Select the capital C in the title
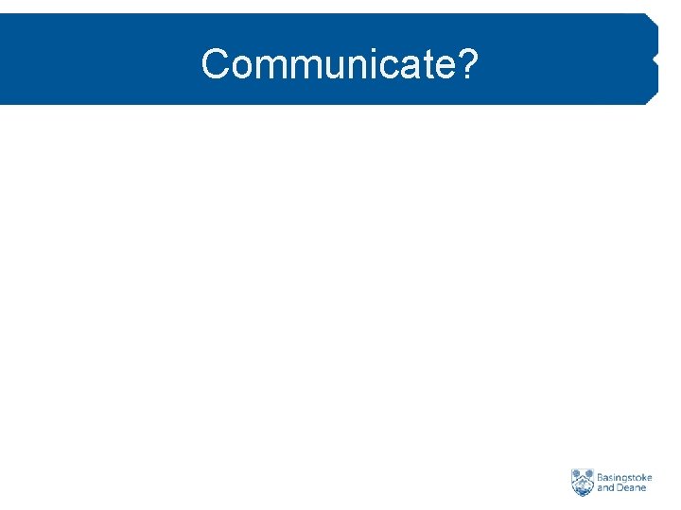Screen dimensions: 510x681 [x=215, y=65]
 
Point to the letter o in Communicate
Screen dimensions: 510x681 [x=240, y=68]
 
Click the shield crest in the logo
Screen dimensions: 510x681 [x=582, y=483]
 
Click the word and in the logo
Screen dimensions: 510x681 [x=605, y=489]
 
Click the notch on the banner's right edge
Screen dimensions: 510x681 [x=654, y=59]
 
